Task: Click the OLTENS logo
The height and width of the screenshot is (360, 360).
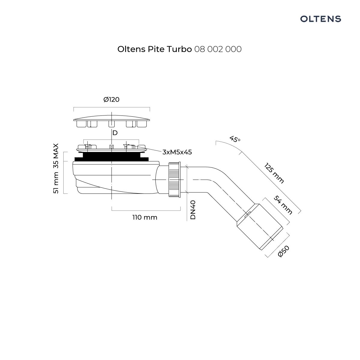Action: (x=321, y=19)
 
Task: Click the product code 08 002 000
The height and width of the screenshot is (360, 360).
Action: (x=218, y=49)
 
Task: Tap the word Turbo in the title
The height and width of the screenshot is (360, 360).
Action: (x=179, y=49)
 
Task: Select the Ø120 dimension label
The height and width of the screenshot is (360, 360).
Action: (x=111, y=99)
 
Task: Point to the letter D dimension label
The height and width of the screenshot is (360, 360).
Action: (x=115, y=133)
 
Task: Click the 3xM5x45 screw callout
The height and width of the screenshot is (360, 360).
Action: (x=177, y=152)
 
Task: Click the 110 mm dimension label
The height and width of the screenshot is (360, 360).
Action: (x=145, y=217)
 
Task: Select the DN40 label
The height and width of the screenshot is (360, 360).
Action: (x=193, y=210)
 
